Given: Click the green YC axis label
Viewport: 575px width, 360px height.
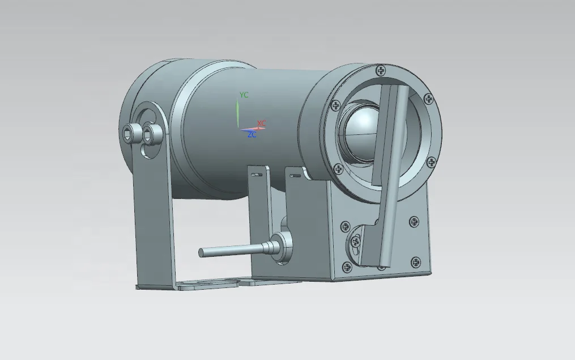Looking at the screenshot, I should point(244,95).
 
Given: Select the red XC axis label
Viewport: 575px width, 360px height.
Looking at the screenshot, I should point(261,123).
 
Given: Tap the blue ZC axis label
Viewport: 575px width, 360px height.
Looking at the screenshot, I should point(252,135).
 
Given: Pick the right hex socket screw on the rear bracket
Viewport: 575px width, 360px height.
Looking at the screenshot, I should point(151,134).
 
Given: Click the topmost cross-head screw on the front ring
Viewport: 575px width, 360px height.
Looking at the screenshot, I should point(380,70).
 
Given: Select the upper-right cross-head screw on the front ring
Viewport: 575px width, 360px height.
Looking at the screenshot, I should point(428,99).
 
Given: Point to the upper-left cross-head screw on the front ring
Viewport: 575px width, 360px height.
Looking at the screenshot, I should point(335,105).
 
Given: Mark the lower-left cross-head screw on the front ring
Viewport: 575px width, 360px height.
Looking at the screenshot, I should point(338,168).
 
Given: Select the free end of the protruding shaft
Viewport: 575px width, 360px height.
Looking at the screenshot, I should point(202,252).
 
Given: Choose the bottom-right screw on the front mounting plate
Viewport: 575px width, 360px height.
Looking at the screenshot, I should point(416,262).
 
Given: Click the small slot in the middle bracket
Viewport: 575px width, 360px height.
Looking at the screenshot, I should point(256,174).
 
